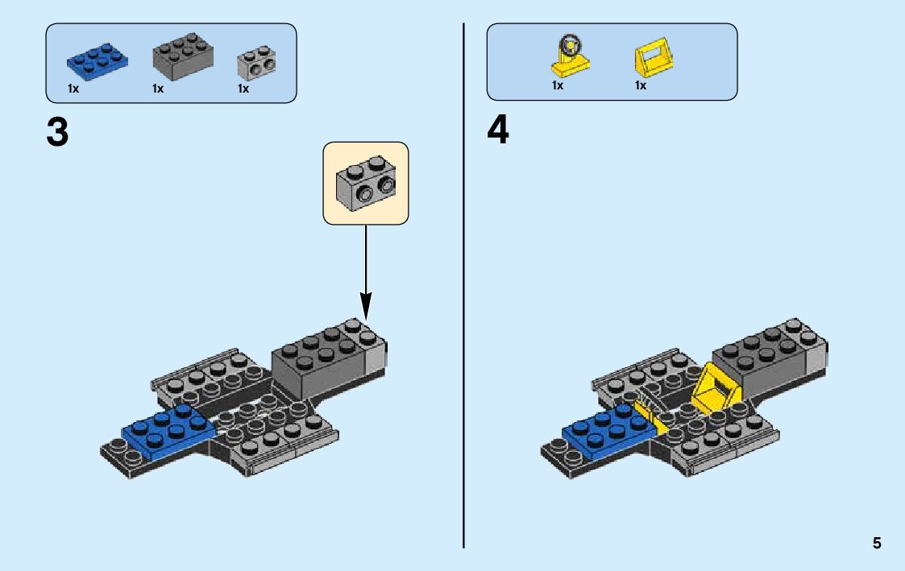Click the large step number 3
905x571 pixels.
coord(57,131)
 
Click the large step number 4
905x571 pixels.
coord(498,131)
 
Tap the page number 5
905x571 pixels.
coord(877,544)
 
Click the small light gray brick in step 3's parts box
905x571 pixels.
coord(256,64)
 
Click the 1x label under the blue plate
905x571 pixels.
coord(73,89)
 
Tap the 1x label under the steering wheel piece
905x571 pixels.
coord(558,85)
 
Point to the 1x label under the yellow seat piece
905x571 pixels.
coord(641,85)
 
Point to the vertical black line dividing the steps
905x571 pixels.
coord(464,282)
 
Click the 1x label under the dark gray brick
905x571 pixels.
coord(158,89)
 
